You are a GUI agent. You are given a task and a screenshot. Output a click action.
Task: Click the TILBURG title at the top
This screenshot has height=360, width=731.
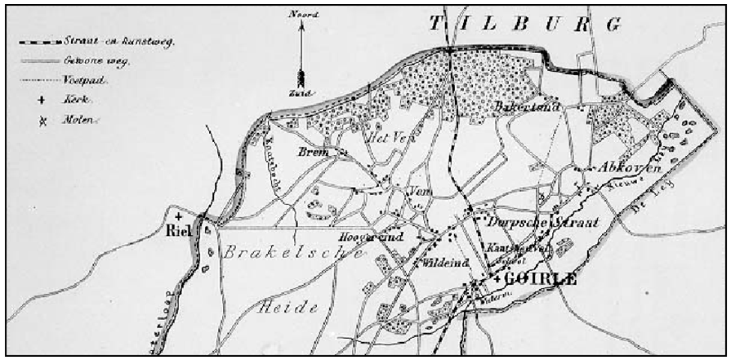(x=523, y=24)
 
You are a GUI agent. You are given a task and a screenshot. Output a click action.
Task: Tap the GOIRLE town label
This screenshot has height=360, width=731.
(x=541, y=279)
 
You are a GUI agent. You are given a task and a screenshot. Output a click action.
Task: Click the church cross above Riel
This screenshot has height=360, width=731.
(x=179, y=216)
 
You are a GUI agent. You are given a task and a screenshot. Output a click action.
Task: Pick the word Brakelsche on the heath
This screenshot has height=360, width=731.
(x=294, y=254)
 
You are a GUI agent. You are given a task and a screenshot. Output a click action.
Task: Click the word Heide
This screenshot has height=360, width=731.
(x=286, y=308)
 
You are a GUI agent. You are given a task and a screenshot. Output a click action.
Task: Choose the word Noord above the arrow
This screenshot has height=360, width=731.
(x=301, y=13)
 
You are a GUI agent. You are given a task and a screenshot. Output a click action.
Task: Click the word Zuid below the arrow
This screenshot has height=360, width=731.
(x=301, y=93)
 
